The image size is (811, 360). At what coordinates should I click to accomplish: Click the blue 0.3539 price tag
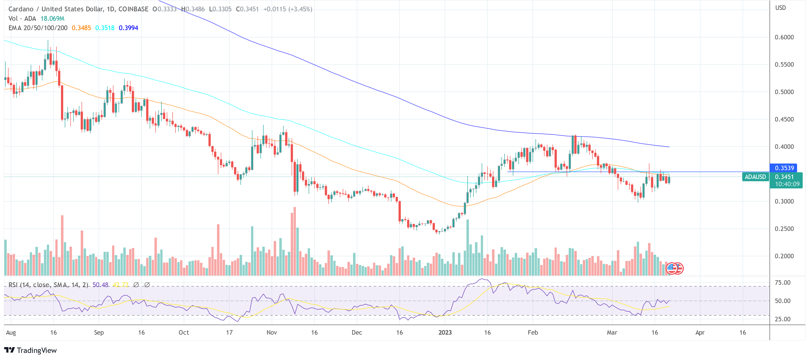click(x=784, y=168)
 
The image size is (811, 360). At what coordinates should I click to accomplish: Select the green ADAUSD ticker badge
click(x=755, y=177)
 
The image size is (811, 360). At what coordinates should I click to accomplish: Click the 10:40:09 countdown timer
click(x=787, y=184)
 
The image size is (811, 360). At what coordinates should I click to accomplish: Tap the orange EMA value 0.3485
click(x=81, y=28)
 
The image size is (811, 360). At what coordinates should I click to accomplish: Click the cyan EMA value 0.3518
click(x=105, y=28)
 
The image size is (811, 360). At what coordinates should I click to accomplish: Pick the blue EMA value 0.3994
click(x=128, y=28)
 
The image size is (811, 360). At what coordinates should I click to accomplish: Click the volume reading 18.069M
click(x=52, y=19)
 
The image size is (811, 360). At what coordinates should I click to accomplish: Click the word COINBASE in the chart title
click(x=133, y=9)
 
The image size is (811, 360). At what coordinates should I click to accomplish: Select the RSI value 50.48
click(x=100, y=285)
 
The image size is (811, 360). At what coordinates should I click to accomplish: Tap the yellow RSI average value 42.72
click(x=120, y=285)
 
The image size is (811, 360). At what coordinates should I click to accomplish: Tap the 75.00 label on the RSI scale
click(x=782, y=282)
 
